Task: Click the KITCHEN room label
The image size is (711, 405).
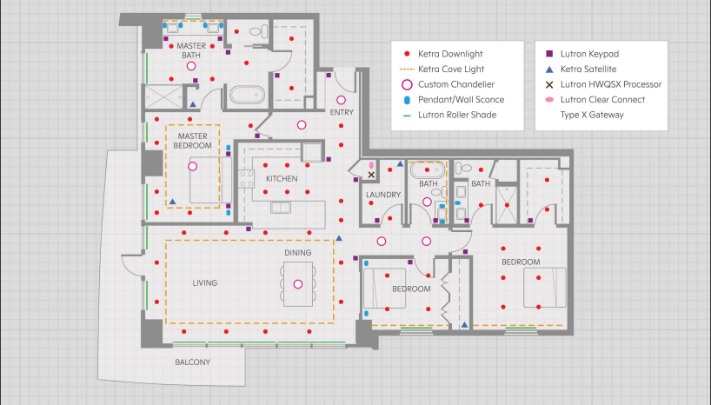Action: (x=282, y=179)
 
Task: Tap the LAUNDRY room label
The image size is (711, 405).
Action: (x=383, y=195)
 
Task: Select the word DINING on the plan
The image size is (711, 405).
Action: (x=298, y=253)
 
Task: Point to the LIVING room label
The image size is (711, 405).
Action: (x=205, y=283)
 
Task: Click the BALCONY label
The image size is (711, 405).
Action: (x=193, y=362)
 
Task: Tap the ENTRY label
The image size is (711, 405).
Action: (x=342, y=112)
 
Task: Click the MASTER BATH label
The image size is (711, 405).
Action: (x=191, y=50)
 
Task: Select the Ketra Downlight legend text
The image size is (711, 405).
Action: (x=450, y=54)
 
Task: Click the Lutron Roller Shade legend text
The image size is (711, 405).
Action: (x=457, y=115)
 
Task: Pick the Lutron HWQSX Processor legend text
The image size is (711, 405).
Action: (x=611, y=84)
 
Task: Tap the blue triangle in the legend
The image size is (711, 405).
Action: (x=549, y=70)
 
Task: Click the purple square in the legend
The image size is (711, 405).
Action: (x=549, y=54)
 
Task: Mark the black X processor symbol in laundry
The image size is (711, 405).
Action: (x=371, y=175)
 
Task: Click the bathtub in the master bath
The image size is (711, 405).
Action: (x=247, y=96)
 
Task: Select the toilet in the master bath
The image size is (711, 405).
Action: (x=258, y=32)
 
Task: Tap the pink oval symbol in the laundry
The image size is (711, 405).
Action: (x=371, y=165)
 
